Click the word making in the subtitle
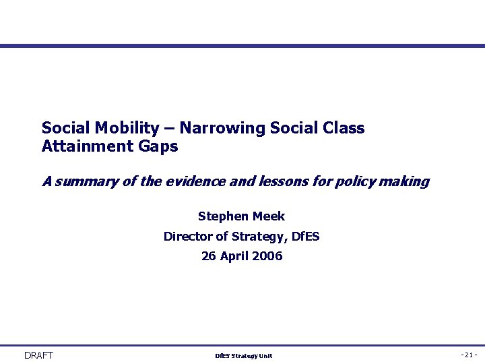406,181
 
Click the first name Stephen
223,216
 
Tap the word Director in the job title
187,236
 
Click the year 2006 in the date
267,256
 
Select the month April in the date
234,256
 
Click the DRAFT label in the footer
38,355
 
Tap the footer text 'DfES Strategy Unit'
243,356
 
